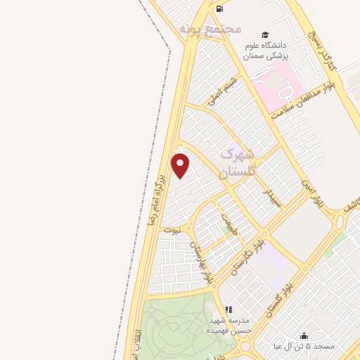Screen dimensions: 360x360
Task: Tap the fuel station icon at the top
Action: click(x=220, y=8)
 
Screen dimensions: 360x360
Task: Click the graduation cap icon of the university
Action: click(x=265, y=34)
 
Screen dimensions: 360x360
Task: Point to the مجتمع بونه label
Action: click(x=210, y=29)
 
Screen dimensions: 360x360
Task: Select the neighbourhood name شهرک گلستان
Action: click(x=238, y=162)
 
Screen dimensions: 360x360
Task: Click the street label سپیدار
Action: click(x=271, y=197)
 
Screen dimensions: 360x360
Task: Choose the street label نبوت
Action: click(x=173, y=229)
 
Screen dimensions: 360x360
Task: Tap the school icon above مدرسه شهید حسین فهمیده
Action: click(x=228, y=309)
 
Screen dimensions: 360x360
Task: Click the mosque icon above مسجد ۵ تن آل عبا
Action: click(x=304, y=335)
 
